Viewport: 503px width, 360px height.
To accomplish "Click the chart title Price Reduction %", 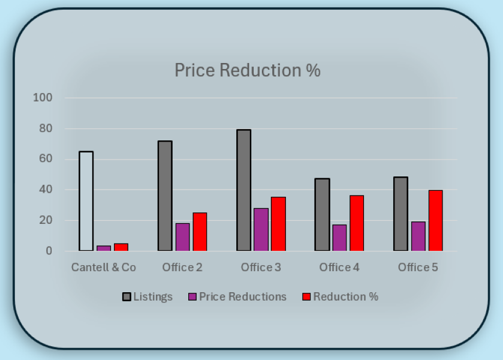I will pyautogui.click(x=247, y=70).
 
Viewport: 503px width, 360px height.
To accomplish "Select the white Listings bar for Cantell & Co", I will pyautogui.click(x=86, y=201).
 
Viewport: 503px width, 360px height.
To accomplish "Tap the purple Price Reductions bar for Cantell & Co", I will pyautogui.click(x=104, y=248).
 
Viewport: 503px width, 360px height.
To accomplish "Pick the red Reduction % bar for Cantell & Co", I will pyautogui.click(x=121, y=247).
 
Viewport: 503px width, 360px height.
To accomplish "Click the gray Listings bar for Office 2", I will pyautogui.click(x=165, y=196).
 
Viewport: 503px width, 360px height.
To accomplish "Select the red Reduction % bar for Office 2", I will pyautogui.click(x=200, y=232).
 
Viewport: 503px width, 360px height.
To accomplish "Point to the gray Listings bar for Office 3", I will pyautogui.click(x=243, y=190).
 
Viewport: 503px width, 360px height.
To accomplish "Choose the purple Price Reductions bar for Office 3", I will pyautogui.click(x=261, y=229).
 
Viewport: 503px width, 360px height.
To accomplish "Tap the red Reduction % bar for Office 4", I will pyautogui.click(x=357, y=223).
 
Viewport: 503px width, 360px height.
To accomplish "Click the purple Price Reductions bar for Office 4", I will pyautogui.click(x=339, y=238).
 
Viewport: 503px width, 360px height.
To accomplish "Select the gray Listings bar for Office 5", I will pyautogui.click(x=400, y=214).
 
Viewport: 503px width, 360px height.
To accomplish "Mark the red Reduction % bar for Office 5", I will pyautogui.click(x=435, y=220).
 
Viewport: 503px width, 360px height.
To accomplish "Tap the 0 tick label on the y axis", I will pyautogui.click(x=49, y=251).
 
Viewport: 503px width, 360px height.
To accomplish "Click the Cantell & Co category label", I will pyautogui.click(x=104, y=268).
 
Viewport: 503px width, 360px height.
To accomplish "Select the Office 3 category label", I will pyautogui.click(x=261, y=268).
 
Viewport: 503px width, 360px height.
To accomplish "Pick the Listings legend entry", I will pyautogui.click(x=147, y=297).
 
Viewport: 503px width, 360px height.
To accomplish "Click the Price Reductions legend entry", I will pyautogui.click(x=237, y=297).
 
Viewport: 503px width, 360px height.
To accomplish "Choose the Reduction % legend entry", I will pyautogui.click(x=339, y=297).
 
